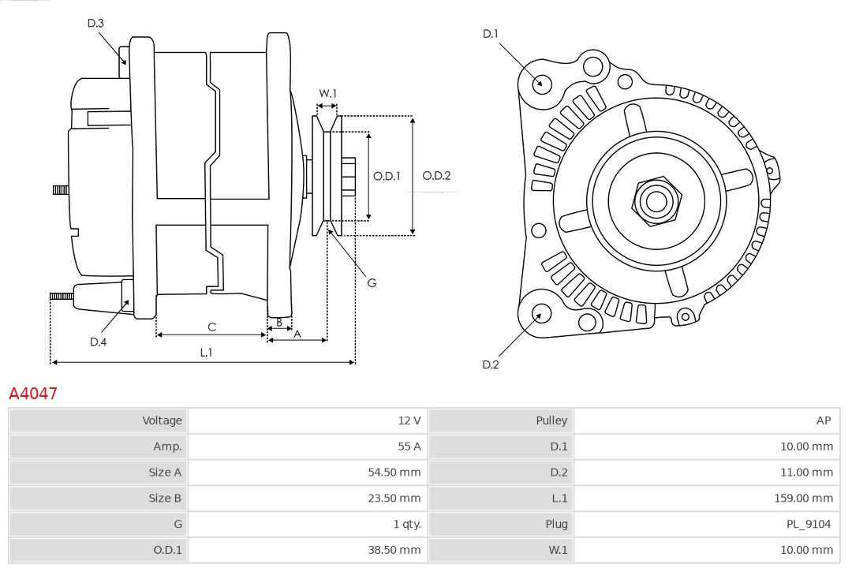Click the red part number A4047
[x=33, y=393]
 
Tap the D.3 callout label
[x=95, y=24]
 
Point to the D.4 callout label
[x=98, y=342]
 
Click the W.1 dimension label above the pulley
[x=327, y=93]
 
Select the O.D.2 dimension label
[x=436, y=176]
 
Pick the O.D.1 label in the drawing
[x=387, y=176]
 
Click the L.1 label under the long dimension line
[x=205, y=353]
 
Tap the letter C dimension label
[x=211, y=327]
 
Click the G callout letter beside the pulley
[x=372, y=282]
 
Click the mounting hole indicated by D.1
[x=542, y=83]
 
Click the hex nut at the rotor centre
[x=656, y=201]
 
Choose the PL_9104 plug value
[x=810, y=524]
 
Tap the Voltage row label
[x=162, y=420]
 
